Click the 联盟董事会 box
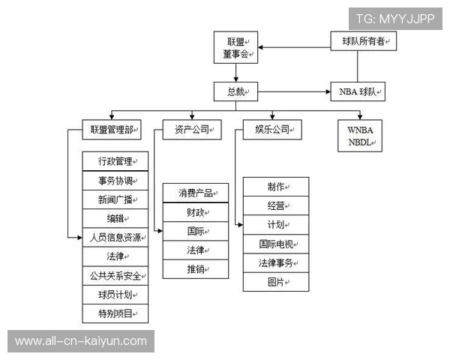(235, 47)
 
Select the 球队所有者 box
(363, 41)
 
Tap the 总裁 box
(235, 92)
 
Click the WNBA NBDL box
(360, 136)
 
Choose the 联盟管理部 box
(111, 130)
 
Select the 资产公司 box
(193, 130)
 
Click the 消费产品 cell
(196, 193)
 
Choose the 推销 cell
(196, 268)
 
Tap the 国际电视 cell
(276, 244)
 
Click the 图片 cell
(276, 282)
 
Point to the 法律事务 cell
(276, 263)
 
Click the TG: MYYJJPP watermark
(394, 19)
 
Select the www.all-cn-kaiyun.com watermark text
(81, 341)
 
